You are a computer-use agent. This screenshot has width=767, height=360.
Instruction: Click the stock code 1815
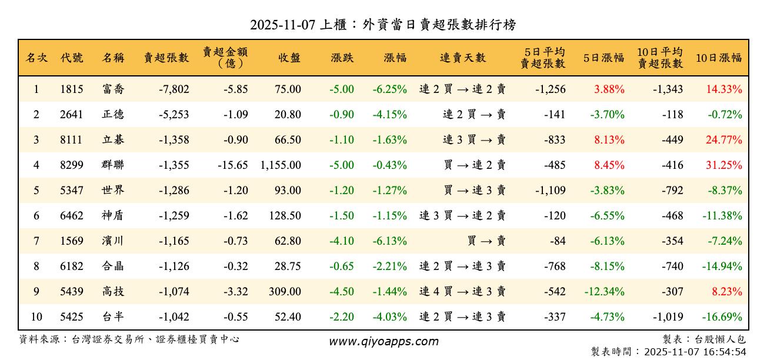(71, 89)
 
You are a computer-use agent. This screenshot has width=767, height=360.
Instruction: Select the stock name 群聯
(113, 165)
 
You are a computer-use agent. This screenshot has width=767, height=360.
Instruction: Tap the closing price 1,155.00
(281, 165)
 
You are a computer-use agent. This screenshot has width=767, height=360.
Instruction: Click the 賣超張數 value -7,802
(174, 89)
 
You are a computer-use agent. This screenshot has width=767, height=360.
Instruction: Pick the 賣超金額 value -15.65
(233, 165)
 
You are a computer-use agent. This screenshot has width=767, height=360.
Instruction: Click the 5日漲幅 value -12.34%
(604, 292)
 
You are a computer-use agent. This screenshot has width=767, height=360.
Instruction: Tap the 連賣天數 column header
(463, 58)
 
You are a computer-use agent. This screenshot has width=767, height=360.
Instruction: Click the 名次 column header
(36, 58)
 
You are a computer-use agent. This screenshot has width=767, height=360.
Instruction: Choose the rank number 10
(36, 317)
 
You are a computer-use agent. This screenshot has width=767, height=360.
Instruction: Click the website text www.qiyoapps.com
(383, 342)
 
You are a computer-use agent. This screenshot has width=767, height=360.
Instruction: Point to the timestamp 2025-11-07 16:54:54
(695, 352)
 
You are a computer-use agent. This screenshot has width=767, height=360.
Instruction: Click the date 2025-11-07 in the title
(282, 25)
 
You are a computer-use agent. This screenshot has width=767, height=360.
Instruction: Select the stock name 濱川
(113, 241)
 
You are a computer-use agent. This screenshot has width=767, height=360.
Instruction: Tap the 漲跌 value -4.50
(342, 292)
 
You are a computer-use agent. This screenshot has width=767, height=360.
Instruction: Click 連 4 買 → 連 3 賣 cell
(462, 292)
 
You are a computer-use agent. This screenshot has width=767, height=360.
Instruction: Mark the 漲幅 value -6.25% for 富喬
(389, 89)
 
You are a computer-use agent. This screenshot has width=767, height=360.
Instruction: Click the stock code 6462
(71, 216)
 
